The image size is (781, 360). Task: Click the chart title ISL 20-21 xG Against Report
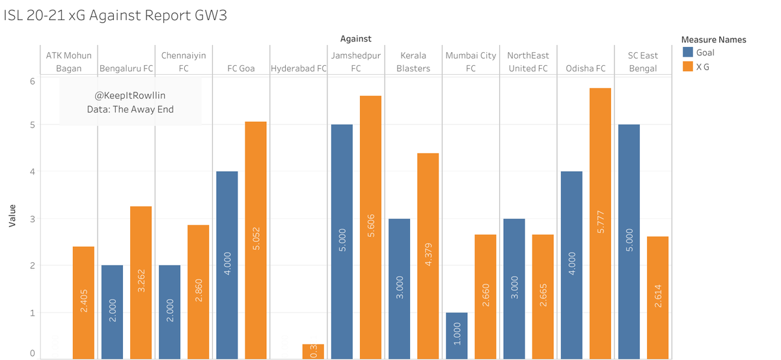115,16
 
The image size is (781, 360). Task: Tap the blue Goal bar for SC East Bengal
629,242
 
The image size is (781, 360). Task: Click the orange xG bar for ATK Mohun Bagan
83,303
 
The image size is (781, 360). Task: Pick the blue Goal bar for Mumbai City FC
456,335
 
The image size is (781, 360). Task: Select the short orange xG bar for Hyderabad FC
313,351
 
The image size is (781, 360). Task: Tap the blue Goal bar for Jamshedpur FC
342,242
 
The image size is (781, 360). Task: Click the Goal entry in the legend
705,53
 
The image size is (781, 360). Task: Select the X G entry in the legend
703,66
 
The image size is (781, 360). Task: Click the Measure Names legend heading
713,40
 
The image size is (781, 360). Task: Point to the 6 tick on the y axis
32,81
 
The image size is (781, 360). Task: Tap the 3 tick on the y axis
32,219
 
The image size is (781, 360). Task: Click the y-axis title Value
12,218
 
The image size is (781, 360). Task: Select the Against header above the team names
355,40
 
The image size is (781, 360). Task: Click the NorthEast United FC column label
528,62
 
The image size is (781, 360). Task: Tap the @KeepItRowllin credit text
130,95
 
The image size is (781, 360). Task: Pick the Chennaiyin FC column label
184,62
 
